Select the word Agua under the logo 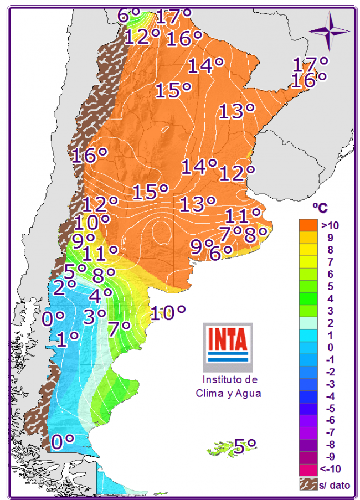click(x=248, y=394)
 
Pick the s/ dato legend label click(x=335, y=486)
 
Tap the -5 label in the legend click(x=328, y=408)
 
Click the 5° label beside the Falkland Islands click(x=244, y=445)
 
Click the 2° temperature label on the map click(x=64, y=284)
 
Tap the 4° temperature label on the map click(x=100, y=295)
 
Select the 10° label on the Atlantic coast click(x=167, y=313)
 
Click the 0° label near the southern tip click(x=63, y=441)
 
